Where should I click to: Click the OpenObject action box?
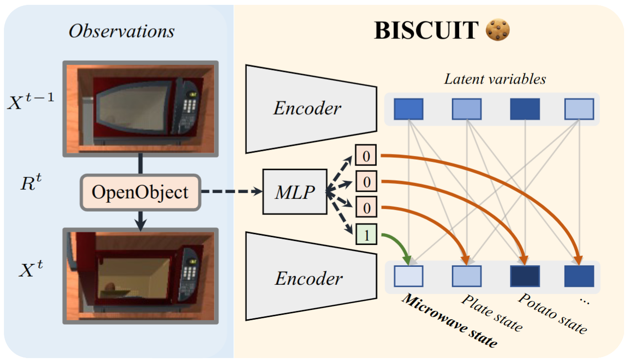click(140, 192)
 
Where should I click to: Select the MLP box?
click(294, 192)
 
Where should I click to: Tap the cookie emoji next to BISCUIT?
click(498, 31)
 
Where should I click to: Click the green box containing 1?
click(366, 235)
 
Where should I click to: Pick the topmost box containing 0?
click(366, 156)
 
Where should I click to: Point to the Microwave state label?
click(449, 321)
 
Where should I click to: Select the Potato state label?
click(551, 313)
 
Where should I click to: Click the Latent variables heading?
click(495, 79)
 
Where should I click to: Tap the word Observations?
click(121, 32)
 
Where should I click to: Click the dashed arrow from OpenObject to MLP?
click(230, 192)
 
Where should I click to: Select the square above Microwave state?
click(408, 276)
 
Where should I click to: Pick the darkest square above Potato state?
click(524, 276)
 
